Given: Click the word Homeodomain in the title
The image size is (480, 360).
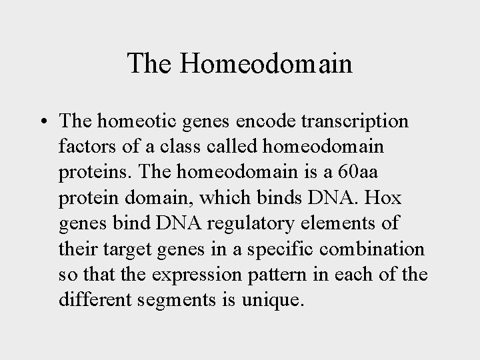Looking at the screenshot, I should (x=266, y=64).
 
